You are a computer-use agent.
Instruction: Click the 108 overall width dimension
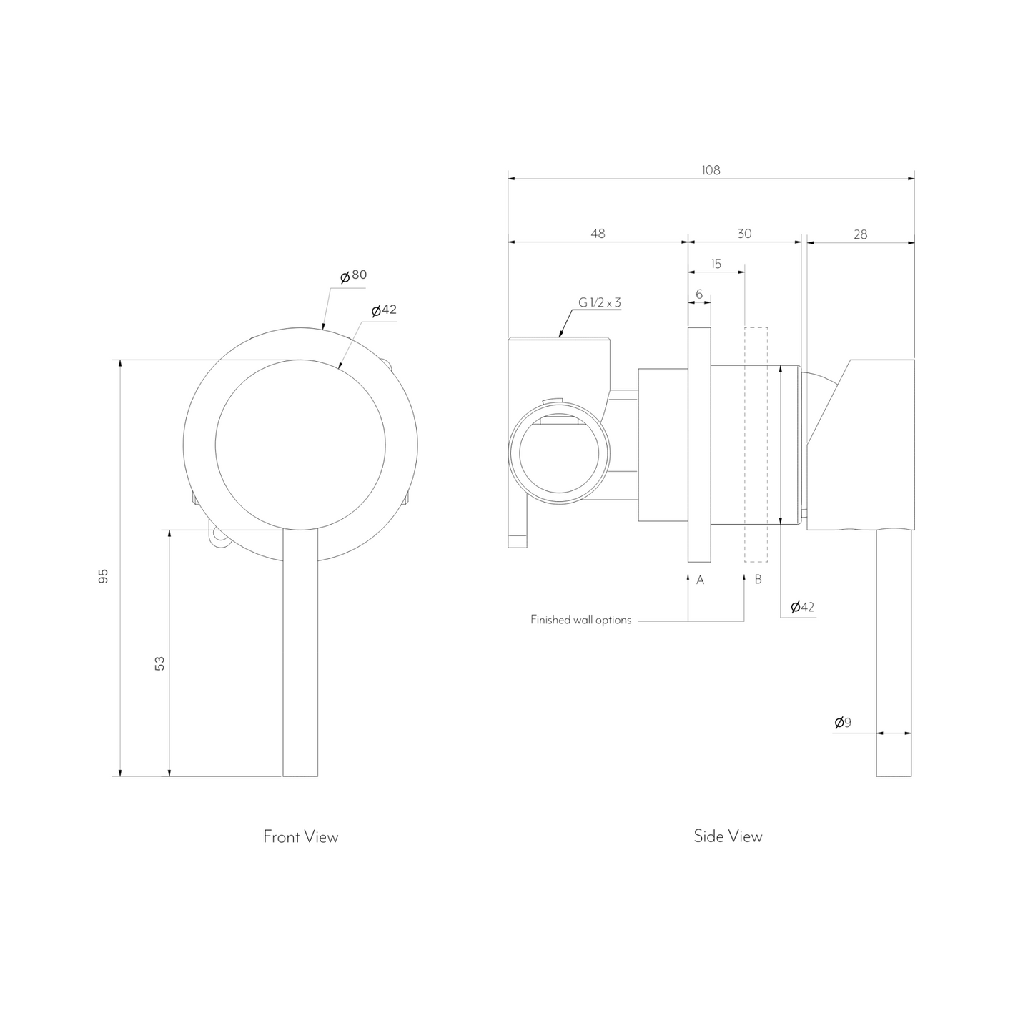click(x=711, y=170)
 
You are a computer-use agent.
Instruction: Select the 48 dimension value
click(x=598, y=234)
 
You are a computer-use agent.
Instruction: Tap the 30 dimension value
click(x=745, y=234)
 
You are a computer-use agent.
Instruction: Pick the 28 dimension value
click(x=861, y=234)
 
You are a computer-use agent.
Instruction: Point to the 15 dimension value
click(x=716, y=264)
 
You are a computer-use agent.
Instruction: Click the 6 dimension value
click(x=699, y=295)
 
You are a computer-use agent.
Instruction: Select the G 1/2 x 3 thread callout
click(x=599, y=302)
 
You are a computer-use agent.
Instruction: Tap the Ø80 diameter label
click(x=354, y=275)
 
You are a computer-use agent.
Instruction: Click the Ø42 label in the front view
click(x=385, y=310)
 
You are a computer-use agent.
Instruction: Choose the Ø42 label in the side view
click(x=803, y=607)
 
